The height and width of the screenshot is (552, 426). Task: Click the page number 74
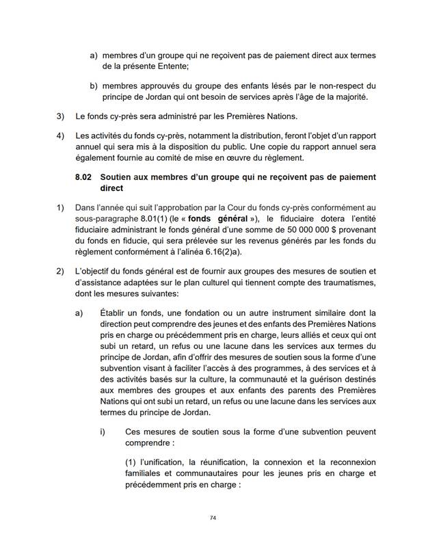coord(213,518)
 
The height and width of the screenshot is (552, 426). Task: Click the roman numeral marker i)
coord(102,432)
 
